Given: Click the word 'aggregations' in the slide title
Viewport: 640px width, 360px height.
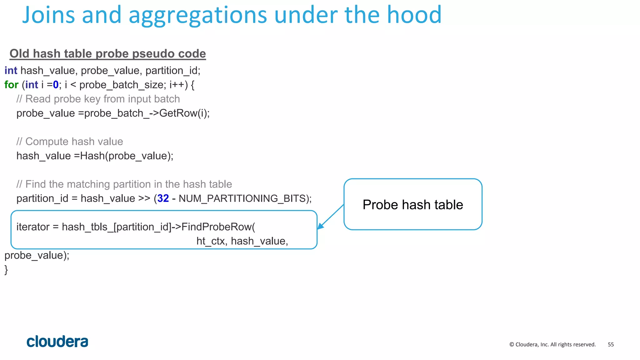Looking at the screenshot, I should [x=197, y=15].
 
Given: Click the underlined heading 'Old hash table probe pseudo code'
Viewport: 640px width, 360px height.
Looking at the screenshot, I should [x=107, y=54].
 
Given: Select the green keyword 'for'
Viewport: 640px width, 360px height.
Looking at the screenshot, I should [x=11, y=85].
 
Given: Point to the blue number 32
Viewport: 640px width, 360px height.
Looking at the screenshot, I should [x=163, y=198].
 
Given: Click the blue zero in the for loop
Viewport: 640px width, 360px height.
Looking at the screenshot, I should [x=56, y=85].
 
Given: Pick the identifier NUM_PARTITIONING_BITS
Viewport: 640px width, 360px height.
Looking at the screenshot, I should [x=242, y=198].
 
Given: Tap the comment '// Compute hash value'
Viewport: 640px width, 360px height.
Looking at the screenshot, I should [x=70, y=142].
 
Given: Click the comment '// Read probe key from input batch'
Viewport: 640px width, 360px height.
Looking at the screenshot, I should [x=98, y=99].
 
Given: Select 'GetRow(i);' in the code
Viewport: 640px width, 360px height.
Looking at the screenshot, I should [x=184, y=113].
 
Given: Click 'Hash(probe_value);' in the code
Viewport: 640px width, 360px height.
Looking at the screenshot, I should [x=127, y=156].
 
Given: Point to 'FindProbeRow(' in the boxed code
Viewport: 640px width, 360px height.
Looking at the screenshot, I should [x=218, y=227].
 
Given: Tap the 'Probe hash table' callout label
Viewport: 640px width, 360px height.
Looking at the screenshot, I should [x=412, y=205].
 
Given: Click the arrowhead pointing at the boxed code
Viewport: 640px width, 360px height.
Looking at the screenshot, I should [x=320, y=227].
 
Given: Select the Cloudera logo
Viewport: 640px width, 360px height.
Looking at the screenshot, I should [x=57, y=342].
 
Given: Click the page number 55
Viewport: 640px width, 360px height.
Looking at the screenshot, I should [x=611, y=345].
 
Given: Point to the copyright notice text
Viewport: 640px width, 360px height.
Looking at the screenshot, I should [x=552, y=345].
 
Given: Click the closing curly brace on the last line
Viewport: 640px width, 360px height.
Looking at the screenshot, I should [x=6, y=270].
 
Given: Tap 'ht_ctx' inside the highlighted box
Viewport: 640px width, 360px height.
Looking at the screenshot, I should [x=211, y=241].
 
